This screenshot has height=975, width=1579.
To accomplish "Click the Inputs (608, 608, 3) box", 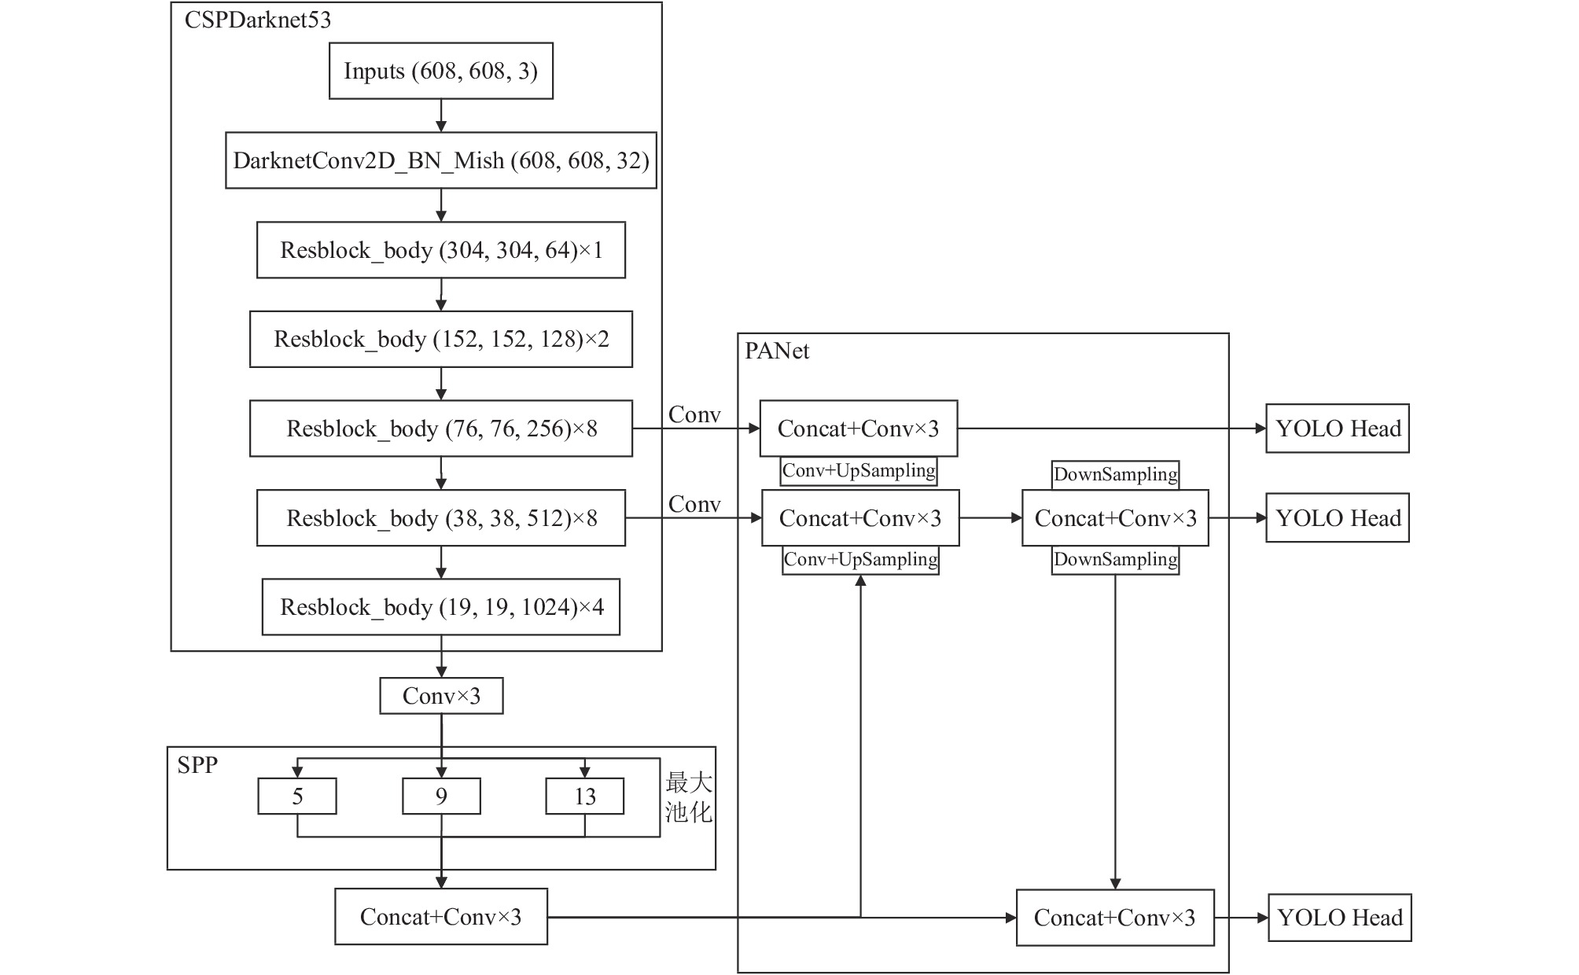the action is (x=440, y=71).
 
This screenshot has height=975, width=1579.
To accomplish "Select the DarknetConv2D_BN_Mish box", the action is (x=440, y=160).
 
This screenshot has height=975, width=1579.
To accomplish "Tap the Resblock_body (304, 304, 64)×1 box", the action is (x=440, y=250).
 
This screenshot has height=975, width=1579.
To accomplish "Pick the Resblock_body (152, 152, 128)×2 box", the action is (x=440, y=339).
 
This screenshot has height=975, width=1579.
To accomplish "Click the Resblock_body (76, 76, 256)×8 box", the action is (x=440, y=429).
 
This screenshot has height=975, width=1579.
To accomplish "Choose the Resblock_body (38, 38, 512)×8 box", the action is (x=440, y=518).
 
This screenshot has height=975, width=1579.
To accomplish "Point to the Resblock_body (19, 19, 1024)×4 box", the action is (x=440, y=607).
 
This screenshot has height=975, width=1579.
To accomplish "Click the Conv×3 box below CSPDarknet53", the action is (x=441, y=696).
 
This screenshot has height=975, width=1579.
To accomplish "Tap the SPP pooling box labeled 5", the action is (x=297, y=797).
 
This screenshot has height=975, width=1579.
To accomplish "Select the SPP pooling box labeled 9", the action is (x=441, y=797).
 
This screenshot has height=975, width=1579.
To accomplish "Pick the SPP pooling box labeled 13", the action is (x=585, y=797).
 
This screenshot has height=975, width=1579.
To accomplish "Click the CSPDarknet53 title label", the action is (x=258, y=20).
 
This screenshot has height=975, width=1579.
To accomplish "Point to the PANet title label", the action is (x=777, y=351).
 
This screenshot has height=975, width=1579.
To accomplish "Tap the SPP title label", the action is (x=197, y=765).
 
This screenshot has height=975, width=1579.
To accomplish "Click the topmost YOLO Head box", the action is (x=1338, y=429).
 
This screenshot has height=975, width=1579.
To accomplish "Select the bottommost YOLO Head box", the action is (x=1340, y=918).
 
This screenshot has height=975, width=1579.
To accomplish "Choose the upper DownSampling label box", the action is (x=1116, y=475).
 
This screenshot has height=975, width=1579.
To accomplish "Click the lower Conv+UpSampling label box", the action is (x=860, y=560).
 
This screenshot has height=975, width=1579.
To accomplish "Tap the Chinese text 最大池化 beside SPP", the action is (x=689, y=797).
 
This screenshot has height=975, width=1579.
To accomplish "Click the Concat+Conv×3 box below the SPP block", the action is (x=441, y=917).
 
